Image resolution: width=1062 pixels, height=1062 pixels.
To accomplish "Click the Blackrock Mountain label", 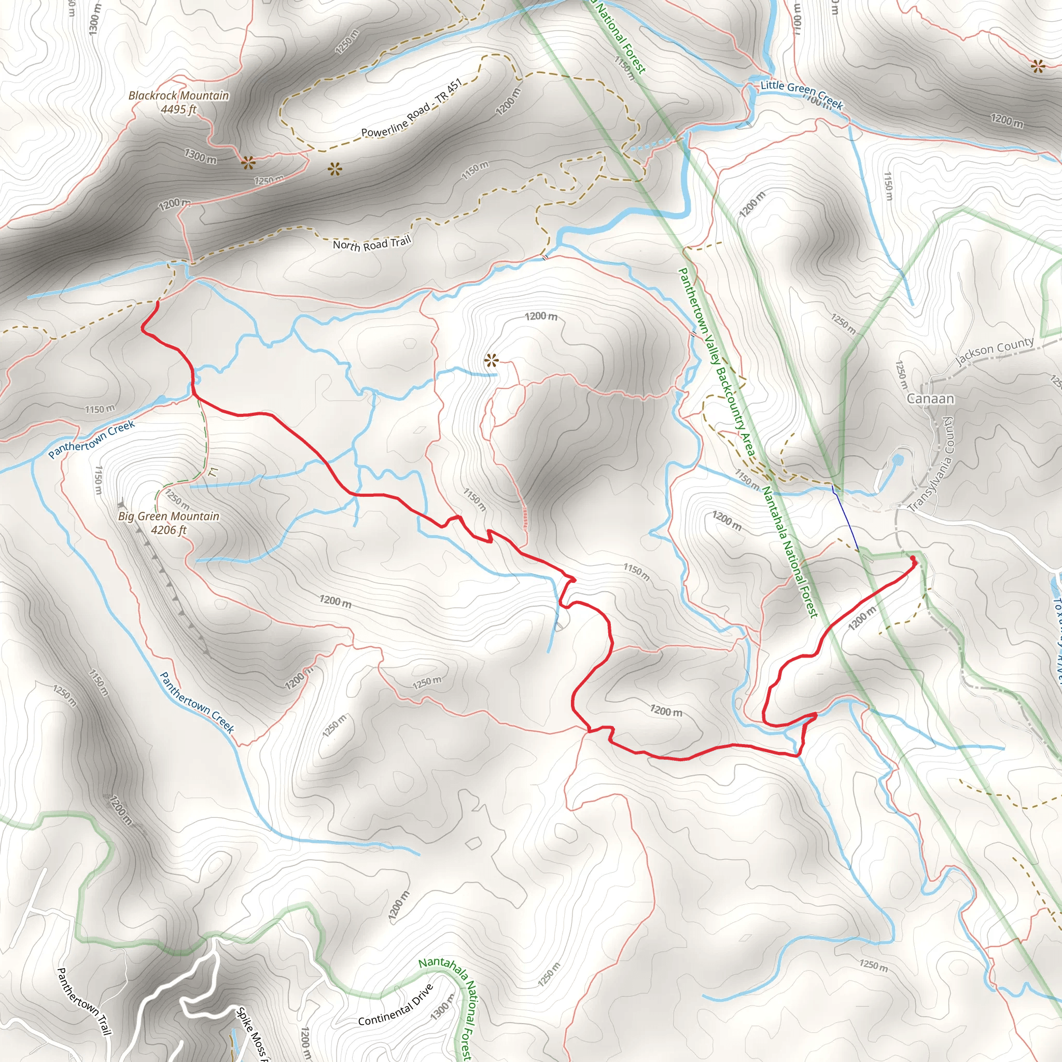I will (179, 95).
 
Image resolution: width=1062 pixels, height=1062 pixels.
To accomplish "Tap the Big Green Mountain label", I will (169, 516).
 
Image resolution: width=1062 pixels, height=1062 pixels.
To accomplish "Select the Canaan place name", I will (930, 399).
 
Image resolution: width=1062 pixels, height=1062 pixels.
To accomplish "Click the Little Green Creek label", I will (802, 94).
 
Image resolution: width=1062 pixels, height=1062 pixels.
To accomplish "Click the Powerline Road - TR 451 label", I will (411, 109).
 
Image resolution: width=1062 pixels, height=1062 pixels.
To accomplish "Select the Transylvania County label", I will (932, 465).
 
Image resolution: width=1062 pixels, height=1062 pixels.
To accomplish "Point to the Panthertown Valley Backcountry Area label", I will (716, 362).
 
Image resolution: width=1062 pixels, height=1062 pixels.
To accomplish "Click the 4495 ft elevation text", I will (179, 109).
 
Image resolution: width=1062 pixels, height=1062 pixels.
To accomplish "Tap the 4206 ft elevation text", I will (169, 530).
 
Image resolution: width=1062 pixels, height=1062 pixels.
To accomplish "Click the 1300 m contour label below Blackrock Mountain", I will (200, 156).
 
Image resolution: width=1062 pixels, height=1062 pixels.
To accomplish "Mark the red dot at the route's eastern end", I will (913, 559).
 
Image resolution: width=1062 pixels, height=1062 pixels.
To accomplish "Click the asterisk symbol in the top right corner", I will (1037, 67).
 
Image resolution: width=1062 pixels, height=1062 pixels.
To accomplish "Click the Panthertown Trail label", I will (84, 1001).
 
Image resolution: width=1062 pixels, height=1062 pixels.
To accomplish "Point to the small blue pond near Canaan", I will (898, 459).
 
